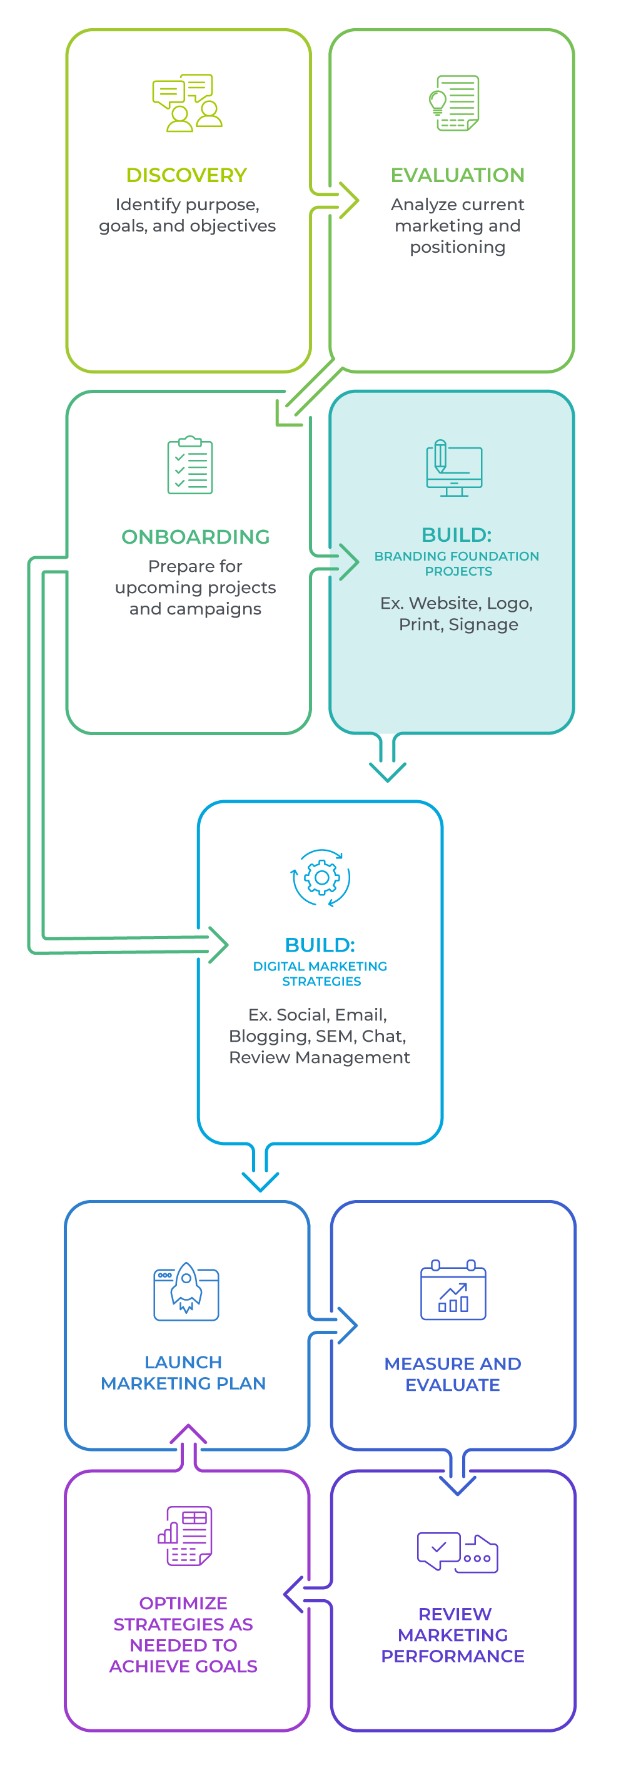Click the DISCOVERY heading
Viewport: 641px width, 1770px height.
point(186,175)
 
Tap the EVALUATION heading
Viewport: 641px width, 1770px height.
point(458,175)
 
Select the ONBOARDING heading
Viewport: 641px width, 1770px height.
point(195,537)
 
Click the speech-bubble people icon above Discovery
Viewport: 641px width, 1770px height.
point(187,103)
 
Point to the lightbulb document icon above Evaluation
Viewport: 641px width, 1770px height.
point(454,103)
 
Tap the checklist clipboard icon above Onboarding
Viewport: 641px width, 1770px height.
point(189,465)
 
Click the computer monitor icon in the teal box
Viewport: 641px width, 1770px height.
point(454,468)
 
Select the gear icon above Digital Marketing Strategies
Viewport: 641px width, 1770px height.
point(321,878)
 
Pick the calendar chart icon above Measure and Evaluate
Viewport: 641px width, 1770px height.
point(453,1290)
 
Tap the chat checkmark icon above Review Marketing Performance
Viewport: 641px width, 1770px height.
point(457,1552)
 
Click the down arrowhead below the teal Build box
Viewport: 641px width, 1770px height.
point(388,771)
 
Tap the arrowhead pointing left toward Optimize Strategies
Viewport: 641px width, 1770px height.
point(294,1595)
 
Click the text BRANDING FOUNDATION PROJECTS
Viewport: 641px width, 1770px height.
point(457,564)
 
